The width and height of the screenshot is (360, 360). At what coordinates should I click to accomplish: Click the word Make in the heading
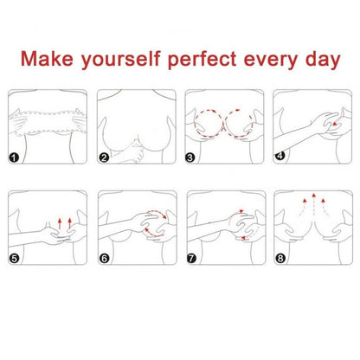(47, 58)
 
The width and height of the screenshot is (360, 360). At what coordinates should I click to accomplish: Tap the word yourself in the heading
(120, 60)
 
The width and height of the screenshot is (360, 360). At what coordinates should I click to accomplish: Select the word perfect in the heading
(202, 60)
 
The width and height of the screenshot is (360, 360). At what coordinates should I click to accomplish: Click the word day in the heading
(323, 60)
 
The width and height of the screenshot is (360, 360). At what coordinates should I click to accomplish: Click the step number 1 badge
(14, 157)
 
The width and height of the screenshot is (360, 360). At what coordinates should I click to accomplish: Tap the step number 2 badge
(104, 157)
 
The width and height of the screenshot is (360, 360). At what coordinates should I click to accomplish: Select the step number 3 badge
(190, 157)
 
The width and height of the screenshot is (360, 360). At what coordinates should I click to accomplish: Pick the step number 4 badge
(280, 156)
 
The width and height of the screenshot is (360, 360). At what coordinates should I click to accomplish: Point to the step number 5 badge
(14, 258)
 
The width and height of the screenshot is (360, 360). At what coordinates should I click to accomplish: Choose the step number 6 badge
(105, 258)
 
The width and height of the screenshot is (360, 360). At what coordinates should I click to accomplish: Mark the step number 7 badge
(191, 258)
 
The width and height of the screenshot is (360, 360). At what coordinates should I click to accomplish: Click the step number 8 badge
(280, 258)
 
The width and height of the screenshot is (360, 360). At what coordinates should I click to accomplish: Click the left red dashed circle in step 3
(195, 123)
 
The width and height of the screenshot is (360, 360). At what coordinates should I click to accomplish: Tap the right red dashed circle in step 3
(253, 123)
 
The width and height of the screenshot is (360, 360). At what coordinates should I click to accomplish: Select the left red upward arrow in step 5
(60, 223)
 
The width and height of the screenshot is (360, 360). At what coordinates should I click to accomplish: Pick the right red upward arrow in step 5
(69, 223)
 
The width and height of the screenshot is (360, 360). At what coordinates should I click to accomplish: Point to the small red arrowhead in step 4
(334, 124)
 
